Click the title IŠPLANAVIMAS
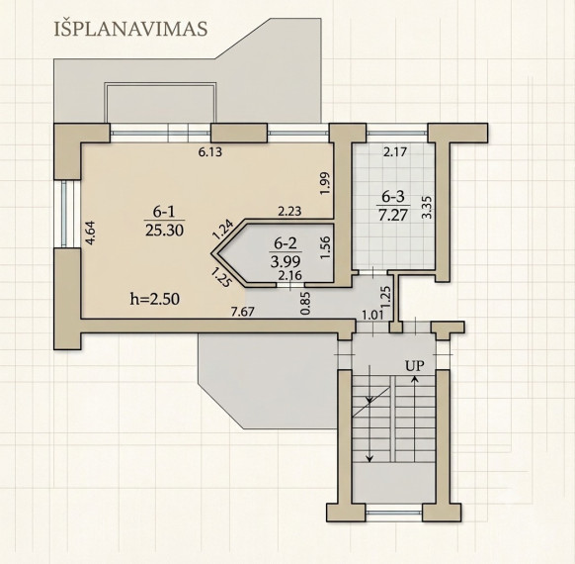coord(131,29)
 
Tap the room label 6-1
coord(164,212)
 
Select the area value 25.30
coord(164,230)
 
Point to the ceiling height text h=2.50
coord(155,299)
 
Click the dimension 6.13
coord(210,151)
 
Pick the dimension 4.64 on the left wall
coord(90,233)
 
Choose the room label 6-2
coord(286,243)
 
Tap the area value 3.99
coord(286,261)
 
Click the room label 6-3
coord(393,197)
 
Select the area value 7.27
coord(393,215)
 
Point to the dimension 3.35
coord(427,208)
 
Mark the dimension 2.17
coord(394,151)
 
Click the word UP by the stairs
coord(415,365)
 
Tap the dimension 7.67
coord(242,312)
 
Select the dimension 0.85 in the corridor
coord(305,304)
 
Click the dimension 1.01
coord(372,315)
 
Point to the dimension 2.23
coord(289,211)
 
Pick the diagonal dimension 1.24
coord(222,229)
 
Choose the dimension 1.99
coord(325,184)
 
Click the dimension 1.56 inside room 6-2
coord(325,247)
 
